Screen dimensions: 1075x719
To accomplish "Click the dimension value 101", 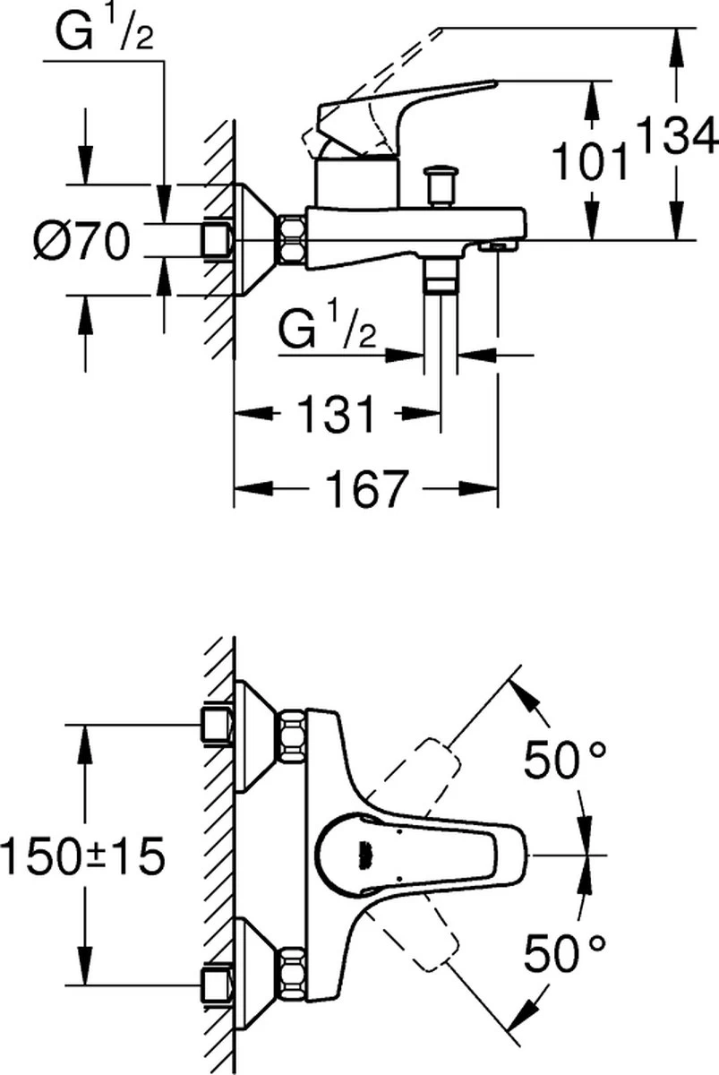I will tap(588, 163).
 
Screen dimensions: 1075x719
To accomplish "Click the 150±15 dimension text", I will tap(82, 857).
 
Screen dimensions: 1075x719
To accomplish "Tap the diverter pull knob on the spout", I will tap(441, 184).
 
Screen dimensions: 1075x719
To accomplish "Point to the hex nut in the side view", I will tap(292, 239).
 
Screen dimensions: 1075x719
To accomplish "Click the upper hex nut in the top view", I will tap(291, 736).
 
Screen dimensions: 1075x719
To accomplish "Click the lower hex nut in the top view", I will tap(291, 976).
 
